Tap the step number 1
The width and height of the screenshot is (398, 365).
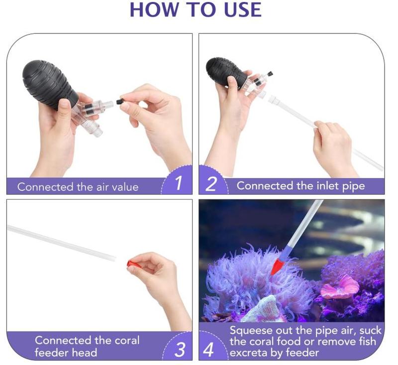(x=179, y=183)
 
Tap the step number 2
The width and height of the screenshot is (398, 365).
(x=211, y=184)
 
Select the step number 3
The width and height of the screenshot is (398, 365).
(x=180, y=349)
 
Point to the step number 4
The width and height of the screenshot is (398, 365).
(x=208, y=350)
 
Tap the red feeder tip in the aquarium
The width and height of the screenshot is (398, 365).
(x=277, y=267)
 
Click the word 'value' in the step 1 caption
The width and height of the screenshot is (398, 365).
(x=125, y=187)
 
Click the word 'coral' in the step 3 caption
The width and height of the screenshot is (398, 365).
(x=127, y=341)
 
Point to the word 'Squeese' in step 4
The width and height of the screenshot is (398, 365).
(x=251, y=331)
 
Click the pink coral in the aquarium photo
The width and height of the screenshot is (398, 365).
(x=340, y=286)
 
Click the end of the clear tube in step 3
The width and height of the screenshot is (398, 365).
(x=115, y=258)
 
